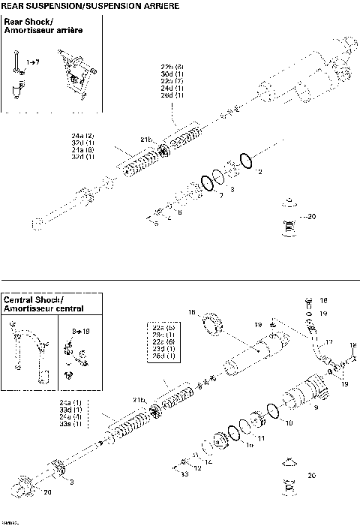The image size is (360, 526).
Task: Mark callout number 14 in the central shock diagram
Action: [x=208, y=462]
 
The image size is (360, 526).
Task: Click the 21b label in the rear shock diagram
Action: [x=145, y=140]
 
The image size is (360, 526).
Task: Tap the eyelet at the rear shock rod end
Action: [x=38, y=221]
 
